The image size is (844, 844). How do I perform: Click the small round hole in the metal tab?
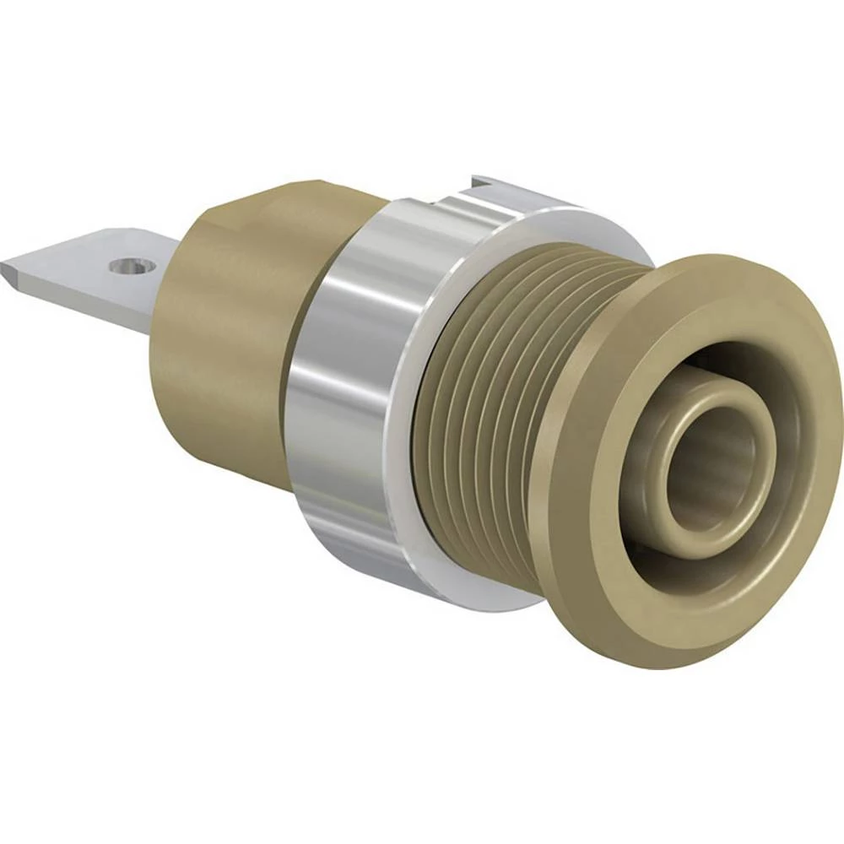(133, 266)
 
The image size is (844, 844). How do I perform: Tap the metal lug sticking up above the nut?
(498, 183)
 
